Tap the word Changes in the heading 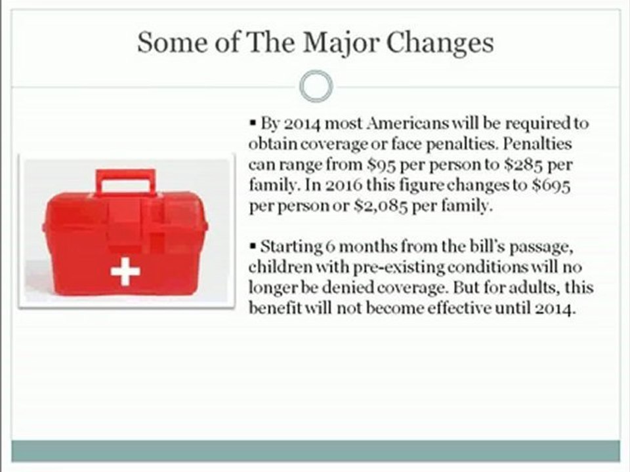click(x=439, y=43)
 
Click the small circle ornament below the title click(x=316, y=87)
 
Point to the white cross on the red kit click(x=125, y=270)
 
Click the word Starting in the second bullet click(x=291, y=247)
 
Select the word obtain click(x=270, y=143)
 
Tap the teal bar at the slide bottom click(x=316, y=451)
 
